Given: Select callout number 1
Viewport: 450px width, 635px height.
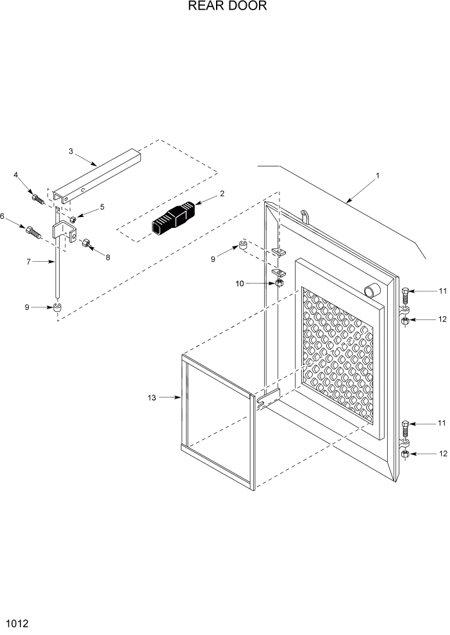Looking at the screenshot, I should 378,175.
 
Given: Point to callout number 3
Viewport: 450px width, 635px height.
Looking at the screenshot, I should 71,151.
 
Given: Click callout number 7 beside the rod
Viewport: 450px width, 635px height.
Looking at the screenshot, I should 28,261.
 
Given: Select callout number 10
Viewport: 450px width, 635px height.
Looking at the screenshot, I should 240,283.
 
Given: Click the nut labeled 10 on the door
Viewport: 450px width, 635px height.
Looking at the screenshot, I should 279,282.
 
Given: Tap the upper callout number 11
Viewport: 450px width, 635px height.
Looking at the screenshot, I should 442,291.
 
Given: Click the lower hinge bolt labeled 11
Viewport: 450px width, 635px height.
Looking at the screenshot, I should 405,428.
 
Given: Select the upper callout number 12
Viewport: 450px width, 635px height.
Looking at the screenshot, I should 442,319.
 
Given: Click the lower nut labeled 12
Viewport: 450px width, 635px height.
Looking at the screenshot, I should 404,454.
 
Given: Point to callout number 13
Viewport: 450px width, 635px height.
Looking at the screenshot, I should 152,398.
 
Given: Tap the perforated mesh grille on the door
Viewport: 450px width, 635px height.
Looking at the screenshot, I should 337,358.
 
